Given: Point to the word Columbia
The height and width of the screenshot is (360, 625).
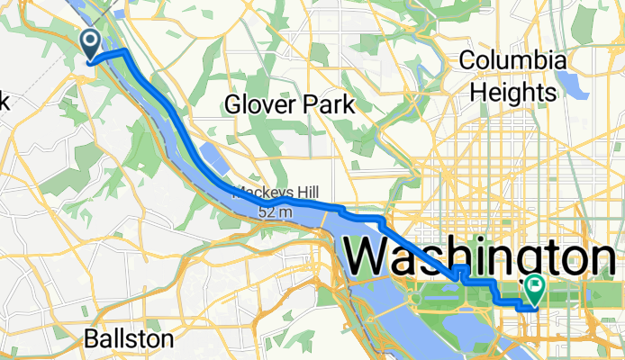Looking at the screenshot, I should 513,61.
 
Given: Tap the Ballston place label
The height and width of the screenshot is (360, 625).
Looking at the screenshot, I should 128,339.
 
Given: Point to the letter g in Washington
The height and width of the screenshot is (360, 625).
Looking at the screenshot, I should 517,261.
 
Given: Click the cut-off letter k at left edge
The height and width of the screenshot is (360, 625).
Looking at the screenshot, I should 4,101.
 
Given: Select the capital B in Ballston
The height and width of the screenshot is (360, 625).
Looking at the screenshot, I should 91,339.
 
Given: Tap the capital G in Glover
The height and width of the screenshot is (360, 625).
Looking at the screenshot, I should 233,104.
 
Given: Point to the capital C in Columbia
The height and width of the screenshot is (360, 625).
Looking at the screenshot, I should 468,61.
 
